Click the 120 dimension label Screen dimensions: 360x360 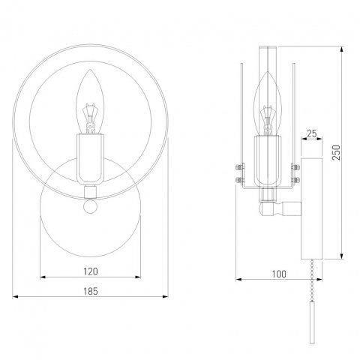(x=91, y=271)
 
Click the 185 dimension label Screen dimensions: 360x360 (x=91, y=291)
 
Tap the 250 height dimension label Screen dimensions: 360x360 (x=337, y=152)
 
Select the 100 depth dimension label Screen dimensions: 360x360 (x=279, y=274)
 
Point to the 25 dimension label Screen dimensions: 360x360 (x=312, y=133)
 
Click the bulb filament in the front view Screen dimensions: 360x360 (x=90, y=118)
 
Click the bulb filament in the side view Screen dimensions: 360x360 (x=268, y=120)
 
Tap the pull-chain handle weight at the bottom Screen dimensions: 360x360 (x=312, y=322)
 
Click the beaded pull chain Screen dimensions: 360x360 (x=312, y=280)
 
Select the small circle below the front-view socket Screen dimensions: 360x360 (x=90, y=206)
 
